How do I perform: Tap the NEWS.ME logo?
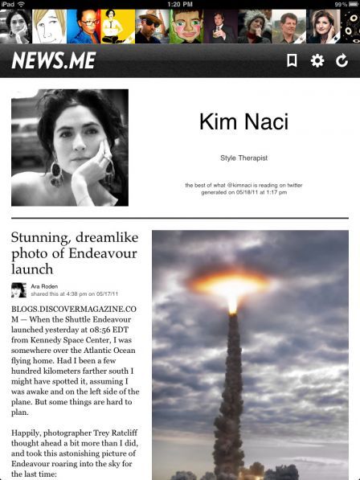(x=54, y=60)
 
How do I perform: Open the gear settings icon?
(x=317, y=60)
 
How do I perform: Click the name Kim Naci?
(x=243, y=122)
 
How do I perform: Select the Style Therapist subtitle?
(x=243, y=158)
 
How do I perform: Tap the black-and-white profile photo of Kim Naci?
(x=70, y=147)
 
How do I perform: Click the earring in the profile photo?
(x=57, y=171)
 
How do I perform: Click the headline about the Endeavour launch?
(x=75, y=252)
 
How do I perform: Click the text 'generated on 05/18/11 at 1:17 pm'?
(x=243, y=192)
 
